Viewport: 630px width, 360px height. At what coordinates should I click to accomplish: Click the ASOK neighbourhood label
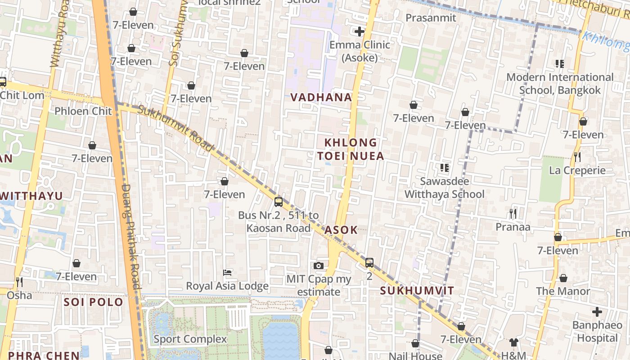(x=341, y=230)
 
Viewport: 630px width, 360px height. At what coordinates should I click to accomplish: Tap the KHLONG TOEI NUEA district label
(x=351, y=149)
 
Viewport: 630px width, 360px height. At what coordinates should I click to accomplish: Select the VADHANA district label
(x=321, y=97)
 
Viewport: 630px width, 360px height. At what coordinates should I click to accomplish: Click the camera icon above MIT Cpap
(x=319, y=265)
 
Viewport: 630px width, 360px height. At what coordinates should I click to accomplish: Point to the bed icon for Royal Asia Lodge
(x=227, y=273)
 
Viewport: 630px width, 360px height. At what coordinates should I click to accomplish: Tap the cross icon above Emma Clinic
(x=359, y=31)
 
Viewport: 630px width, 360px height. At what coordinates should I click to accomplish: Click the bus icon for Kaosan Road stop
(x=279, y=202)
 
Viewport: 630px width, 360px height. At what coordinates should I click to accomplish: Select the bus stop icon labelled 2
(x=369, y=262)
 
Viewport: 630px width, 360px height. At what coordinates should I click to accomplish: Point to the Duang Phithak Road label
(x=130, y=236)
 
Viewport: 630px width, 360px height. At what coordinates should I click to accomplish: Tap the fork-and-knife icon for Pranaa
(x=513, y=213)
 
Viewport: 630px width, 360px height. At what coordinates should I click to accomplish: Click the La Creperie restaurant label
(x=577, y=171)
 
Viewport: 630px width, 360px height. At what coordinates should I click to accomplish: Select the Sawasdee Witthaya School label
(x=445, y=188)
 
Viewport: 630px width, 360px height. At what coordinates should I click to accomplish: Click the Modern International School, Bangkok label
(x=560, y=84)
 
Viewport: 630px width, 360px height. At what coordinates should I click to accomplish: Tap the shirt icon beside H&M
(x=514, y=343)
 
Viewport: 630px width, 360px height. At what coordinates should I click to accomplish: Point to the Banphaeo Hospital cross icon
(x=597, y=311)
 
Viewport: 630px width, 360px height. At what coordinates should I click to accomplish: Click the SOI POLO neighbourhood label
(x=93, y=302)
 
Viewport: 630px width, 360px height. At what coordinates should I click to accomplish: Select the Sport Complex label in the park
(x=190, y=339)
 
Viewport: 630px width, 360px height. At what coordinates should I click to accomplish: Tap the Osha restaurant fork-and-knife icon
(x=19, y=282)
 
